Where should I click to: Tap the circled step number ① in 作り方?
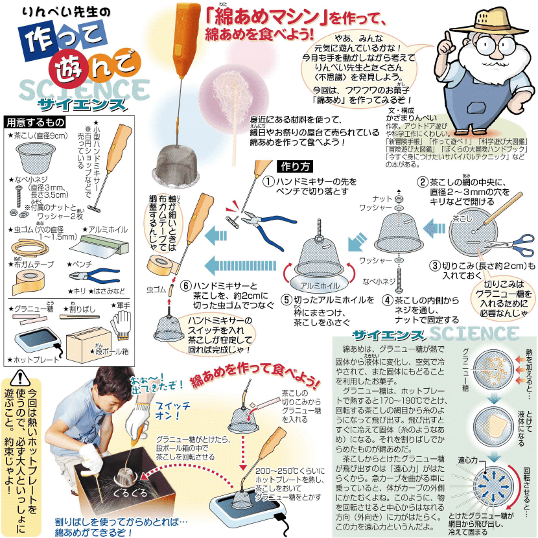click(268, 183)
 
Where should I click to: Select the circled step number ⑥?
click(185, 285)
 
